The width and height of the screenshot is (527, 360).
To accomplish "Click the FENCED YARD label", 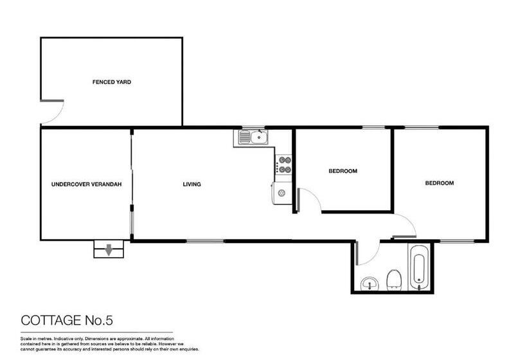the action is (x=112, y=82).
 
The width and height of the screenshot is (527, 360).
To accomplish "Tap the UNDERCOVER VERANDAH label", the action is (x=86, y=184).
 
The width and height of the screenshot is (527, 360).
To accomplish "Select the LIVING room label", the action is (x=192, y=184).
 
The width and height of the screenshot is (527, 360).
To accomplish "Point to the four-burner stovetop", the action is (x=283, y=165).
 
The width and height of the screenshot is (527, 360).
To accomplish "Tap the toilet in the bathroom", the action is (x=393, y=280).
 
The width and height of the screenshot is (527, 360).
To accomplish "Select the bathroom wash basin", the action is (x=370, y=284).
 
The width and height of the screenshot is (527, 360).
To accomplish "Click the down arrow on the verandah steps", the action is (x=108, y=250).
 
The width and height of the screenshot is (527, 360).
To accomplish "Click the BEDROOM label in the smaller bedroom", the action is (x=343, y=171).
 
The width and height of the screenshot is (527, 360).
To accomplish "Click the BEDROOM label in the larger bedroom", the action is (x=440, y=183).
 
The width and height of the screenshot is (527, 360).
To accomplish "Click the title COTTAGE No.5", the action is (x=67, y=320).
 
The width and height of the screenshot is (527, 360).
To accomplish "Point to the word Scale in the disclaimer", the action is (x=26, y=339).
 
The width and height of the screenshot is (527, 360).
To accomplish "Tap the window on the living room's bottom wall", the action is (x=205, y=241).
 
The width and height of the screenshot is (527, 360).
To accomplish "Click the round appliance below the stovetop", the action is (x=281, y=193).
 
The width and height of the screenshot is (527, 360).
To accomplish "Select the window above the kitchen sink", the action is (x=253, y=127).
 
